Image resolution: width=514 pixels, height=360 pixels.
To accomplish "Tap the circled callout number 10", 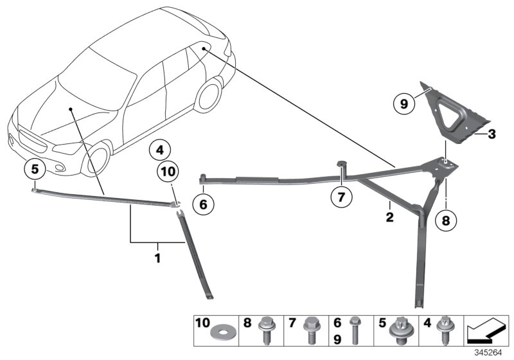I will (168, 172).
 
